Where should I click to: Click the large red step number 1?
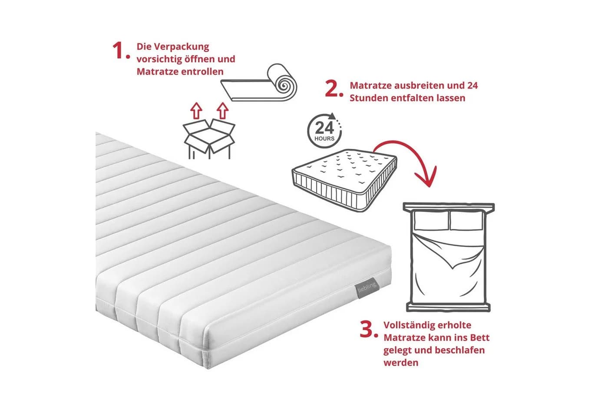pyautogui.click(x=121, y=50)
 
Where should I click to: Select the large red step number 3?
pyautogui.click(x=369, y=329)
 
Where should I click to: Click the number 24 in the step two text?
pyautogui.click(x=473, y=86)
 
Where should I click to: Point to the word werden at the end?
pyautogui.click(x=401, y=363)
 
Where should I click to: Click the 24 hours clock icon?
pyautogui.click(x=325, y=130)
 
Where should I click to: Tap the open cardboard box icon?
pyautogui.click(x=209, y=139)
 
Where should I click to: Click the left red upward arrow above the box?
pyautogui.click(x=196, y=111)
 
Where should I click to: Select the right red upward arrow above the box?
pyautogui.click(x=222, y=110)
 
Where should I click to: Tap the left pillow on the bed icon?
pyautogui.click(x=431, y=221)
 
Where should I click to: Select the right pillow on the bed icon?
pyautogui.click(x=466, y=221)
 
